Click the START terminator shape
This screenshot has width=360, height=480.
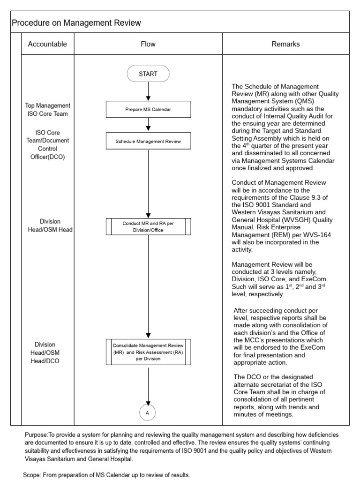[x=148, y=74]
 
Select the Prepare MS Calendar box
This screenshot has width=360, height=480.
[x=148, y=110]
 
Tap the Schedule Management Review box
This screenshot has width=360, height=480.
[x=148, y=141]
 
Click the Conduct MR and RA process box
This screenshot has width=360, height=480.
[x=148, y=227]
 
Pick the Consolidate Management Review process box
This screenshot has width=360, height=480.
[x=148, y=352]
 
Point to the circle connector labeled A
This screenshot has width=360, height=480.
[x=148, y=412]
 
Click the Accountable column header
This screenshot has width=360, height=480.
[x=47, y=44]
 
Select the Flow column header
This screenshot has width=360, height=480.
[x=148, y=44]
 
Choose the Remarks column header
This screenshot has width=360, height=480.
[x=285, y=44]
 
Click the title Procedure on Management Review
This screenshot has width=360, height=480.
[x=76, y=22]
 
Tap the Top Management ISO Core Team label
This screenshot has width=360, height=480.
[x=47, y=110]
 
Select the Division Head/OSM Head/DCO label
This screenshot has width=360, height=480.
[x=48, y=352]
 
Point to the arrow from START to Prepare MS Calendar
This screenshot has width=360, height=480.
[x=148, y=91]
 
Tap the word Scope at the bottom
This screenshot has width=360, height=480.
[x=32, y=475]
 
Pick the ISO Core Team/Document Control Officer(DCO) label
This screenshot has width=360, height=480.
[x=47, y=145]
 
